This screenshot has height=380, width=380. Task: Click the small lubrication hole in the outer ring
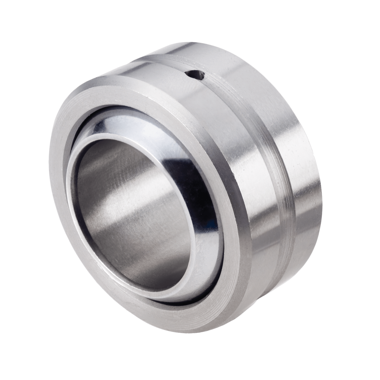click(195, 74)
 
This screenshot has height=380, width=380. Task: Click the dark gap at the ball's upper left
click(84, 132)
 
